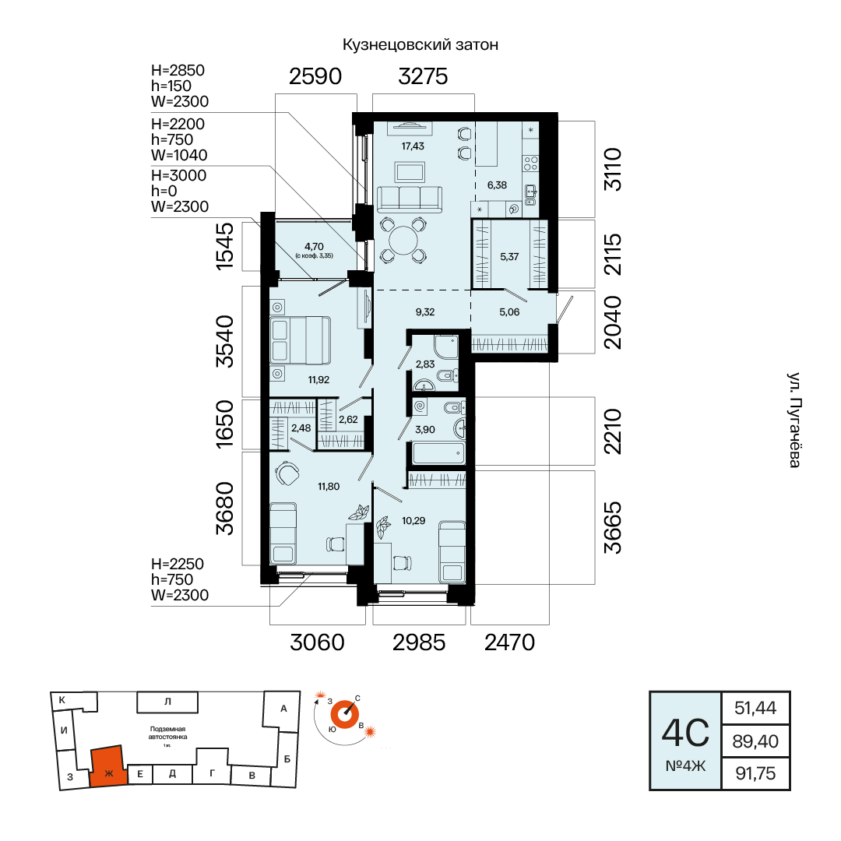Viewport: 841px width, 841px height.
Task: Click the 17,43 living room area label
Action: tap(413, 146)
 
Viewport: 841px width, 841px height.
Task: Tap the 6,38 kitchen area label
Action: tap(497, 185)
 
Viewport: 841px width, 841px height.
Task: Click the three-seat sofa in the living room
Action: tap(410, 199)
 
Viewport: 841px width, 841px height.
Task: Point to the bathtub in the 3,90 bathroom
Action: tap(438, 453)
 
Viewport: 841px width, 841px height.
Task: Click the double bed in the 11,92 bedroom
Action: tap(300, 340)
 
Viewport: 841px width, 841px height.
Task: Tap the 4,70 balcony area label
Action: tap(314, 247)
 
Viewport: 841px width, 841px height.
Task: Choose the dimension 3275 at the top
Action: tap(423, 76)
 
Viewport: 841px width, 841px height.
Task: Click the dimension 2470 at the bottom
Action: tap(509, 642)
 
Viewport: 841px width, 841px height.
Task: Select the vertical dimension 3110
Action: tap(613, 170)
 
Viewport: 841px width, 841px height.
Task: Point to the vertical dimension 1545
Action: tap(225, 246)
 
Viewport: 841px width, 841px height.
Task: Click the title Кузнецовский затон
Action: tap(420, 44)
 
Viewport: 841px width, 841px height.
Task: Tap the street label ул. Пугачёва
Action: tap(794, 420)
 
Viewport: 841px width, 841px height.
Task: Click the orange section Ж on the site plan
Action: tap(108, 766)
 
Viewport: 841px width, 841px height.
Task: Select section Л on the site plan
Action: tap(167, 702)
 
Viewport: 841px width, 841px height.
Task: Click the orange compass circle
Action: tap(344, 715)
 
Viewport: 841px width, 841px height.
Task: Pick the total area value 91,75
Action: tap(755, 773)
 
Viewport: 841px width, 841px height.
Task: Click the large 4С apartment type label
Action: tap(685, 733)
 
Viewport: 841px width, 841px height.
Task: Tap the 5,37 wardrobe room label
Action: tap(509, 256)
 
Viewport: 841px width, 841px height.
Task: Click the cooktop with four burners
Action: tap(530, 163)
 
